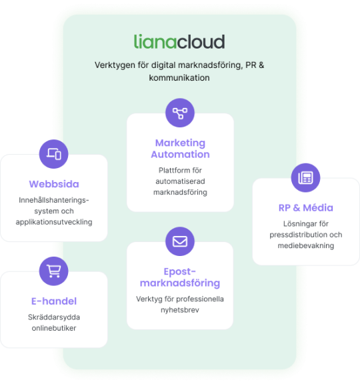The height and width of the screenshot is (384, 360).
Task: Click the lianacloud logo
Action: pyautogui.click(x=179, y=41)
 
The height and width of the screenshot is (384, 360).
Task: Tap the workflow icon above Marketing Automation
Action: pyautogui.click(x=180, y=113)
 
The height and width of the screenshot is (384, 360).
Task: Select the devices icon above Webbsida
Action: pyautogui.click(x=53, y=154)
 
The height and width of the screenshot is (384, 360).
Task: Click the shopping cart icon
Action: pyautogui.click(x=53, y=271)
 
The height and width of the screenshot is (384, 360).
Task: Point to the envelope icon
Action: pyautogui.click(x=180, y=241)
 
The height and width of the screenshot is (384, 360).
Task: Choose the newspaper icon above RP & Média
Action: pyautogui.click(x=305, y=178)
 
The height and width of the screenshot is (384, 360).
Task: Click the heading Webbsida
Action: pyautogui.click(x=54, y=184)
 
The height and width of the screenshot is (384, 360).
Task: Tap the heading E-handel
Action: pyautogui.click(x=54, y=301)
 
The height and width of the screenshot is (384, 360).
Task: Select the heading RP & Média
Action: pyautogui.click(x=306, y=208)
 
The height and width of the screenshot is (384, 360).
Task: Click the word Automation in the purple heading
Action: pyautogui.click(x=180, y=155)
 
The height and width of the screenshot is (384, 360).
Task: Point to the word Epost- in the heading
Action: pyautogui.click(x=180, y=271)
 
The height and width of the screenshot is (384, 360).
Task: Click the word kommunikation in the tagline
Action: pyautogui.click(x=179, y=78)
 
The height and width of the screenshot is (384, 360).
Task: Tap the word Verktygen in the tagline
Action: pyautogui.click(x=115, y=65)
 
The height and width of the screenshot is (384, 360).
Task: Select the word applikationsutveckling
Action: pyautogui.click(x=54, y=222)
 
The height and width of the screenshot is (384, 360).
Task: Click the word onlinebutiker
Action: pyautogui.click(x=54, y=328)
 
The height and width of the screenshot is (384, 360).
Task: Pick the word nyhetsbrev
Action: pyautogui.click(x=180, y=310)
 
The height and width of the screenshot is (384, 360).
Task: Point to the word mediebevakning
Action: pyautogui.click(x=306, y=245)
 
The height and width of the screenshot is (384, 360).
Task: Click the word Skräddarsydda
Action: pyautogui.click(x=54, y=317)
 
